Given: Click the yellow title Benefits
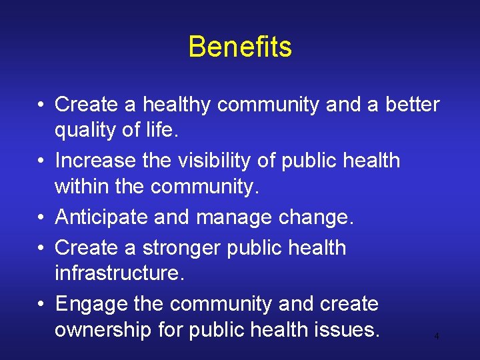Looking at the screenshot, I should tap(240, 47).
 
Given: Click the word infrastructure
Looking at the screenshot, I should tap(119, 274).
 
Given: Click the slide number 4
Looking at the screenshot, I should tap(437, 337).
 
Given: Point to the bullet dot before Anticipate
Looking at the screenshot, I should tap(42, 217).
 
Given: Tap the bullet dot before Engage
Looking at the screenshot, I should tap(42, 304).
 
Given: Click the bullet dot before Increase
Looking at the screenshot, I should tap(42, 161).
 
